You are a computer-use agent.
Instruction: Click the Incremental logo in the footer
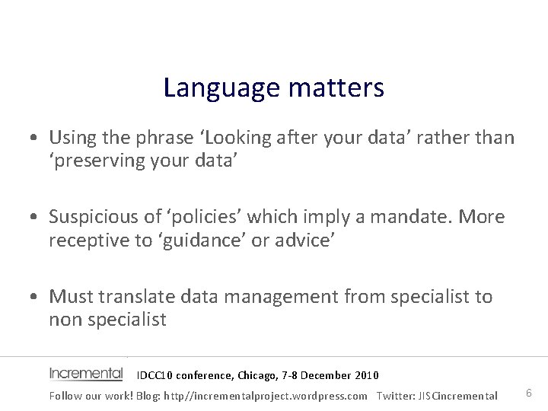(x=86, y=374)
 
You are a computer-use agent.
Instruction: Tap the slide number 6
(x=529, y=393)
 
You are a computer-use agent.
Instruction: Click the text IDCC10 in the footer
(x=155, y=375)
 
